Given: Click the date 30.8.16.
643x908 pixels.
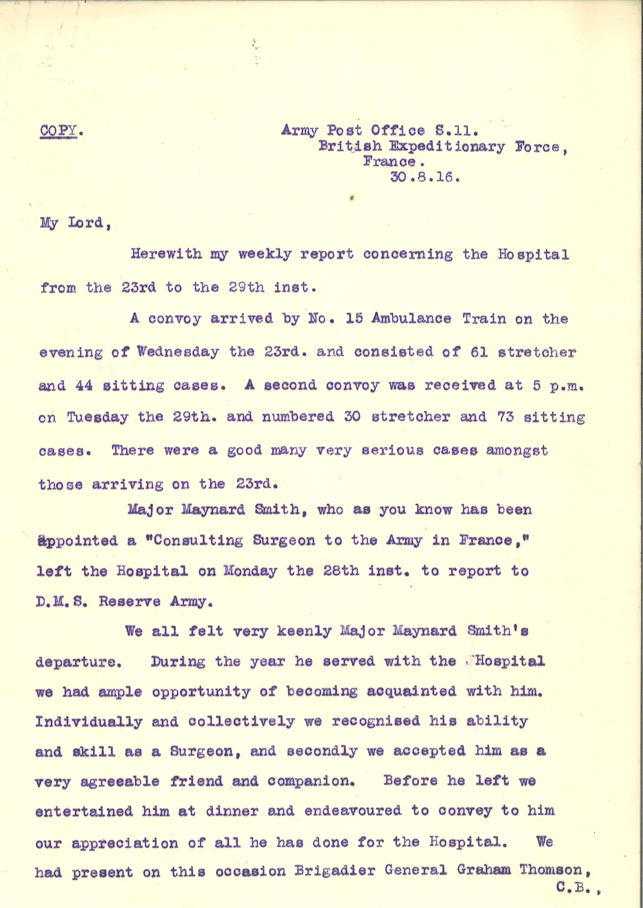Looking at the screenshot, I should [425, 178].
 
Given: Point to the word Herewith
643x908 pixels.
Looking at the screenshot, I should [166, 254].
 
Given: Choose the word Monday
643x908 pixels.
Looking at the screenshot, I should [250, 571].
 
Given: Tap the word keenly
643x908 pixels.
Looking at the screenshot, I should [304, 631].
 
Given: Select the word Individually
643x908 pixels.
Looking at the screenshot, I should [89, 722].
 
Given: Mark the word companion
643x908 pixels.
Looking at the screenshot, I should [311, 781].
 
